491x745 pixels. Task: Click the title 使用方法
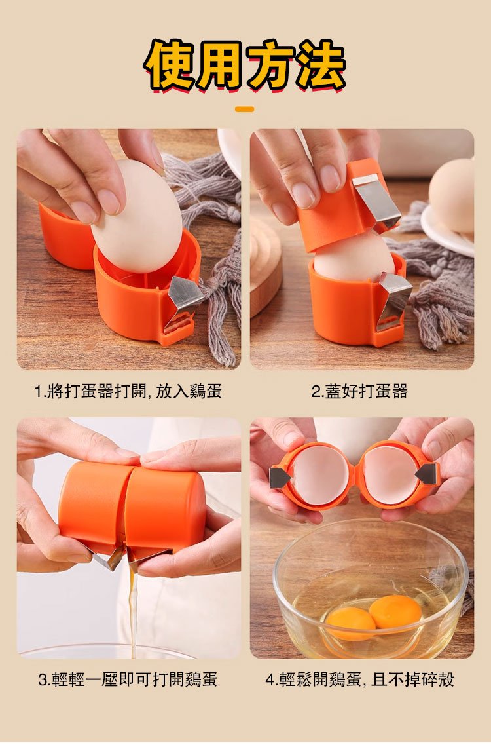pyautogui.click(x=245, y=66)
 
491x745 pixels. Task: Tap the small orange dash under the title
pyautogui.click(x=245, y=109)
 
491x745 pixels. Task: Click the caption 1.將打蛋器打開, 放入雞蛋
pyautogui.click(x=128, y=392)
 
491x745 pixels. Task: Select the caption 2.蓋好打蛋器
pyautogui.click(x=359, y=392)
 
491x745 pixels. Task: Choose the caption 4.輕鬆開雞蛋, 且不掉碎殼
pyautogui.click(x=359, y=679)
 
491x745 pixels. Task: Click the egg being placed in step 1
pyautogui.click(x=137, y=216)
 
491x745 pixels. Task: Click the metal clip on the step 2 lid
pyautogui.click(x=376, y=201)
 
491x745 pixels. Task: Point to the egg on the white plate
pyautogui.click(x=452, y=195)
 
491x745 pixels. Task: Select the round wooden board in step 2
pyautogui.click(x=265, y=266)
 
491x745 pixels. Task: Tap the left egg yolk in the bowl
pyautogui.click(x=350, y=623)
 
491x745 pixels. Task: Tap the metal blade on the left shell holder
pyautogui.click(x=279, y=477)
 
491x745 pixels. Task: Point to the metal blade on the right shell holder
pyautogui.click(x=427, y=474)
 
